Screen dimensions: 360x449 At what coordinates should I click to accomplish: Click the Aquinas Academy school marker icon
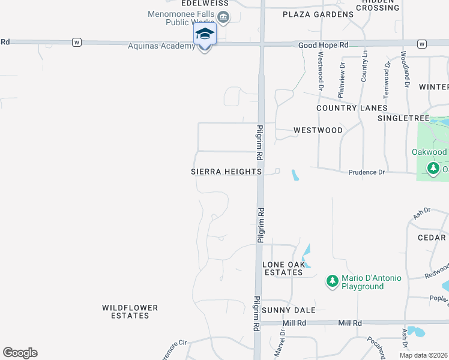(204, 34)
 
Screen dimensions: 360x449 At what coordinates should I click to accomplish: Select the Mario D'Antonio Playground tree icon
(332, 280)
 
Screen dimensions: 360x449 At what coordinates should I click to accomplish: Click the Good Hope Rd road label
(323, 45)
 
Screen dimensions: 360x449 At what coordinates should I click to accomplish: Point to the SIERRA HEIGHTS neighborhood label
(226, 172)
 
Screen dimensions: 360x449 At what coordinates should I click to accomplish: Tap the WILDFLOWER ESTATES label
(130, 311)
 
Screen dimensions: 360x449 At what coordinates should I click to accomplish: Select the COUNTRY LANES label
(352, 108)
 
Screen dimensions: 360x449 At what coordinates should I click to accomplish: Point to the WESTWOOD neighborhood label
(318, 130)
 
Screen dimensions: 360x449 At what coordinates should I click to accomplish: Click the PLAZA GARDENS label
(318, 14)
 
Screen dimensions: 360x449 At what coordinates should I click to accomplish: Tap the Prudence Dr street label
(366, 173)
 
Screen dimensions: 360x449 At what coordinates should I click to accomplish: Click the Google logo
(20, 353)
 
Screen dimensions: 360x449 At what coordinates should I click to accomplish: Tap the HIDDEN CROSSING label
(378, 5)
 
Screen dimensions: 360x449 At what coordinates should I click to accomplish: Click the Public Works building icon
(223, 17)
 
